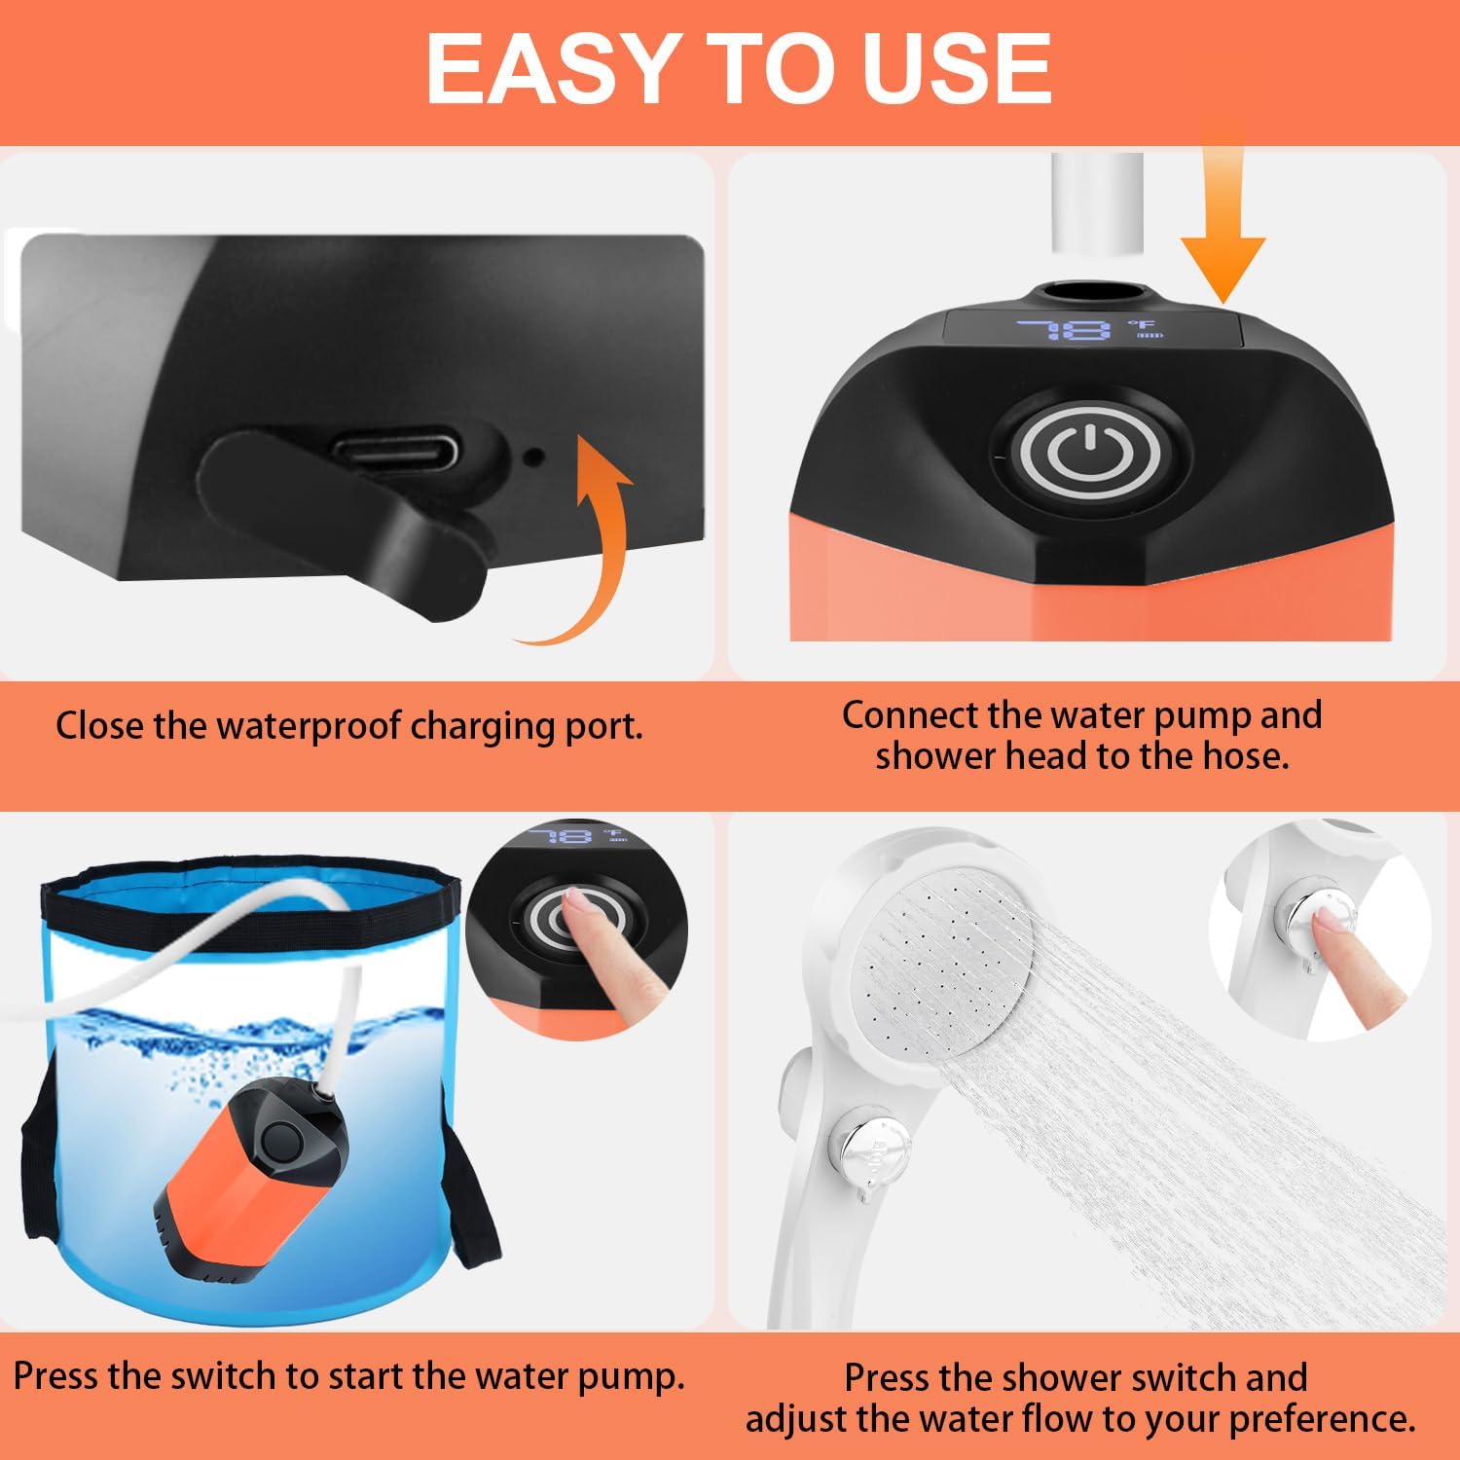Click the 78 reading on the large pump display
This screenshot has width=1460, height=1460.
[1064, 330]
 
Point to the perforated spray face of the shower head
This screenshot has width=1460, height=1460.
[949, 964]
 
